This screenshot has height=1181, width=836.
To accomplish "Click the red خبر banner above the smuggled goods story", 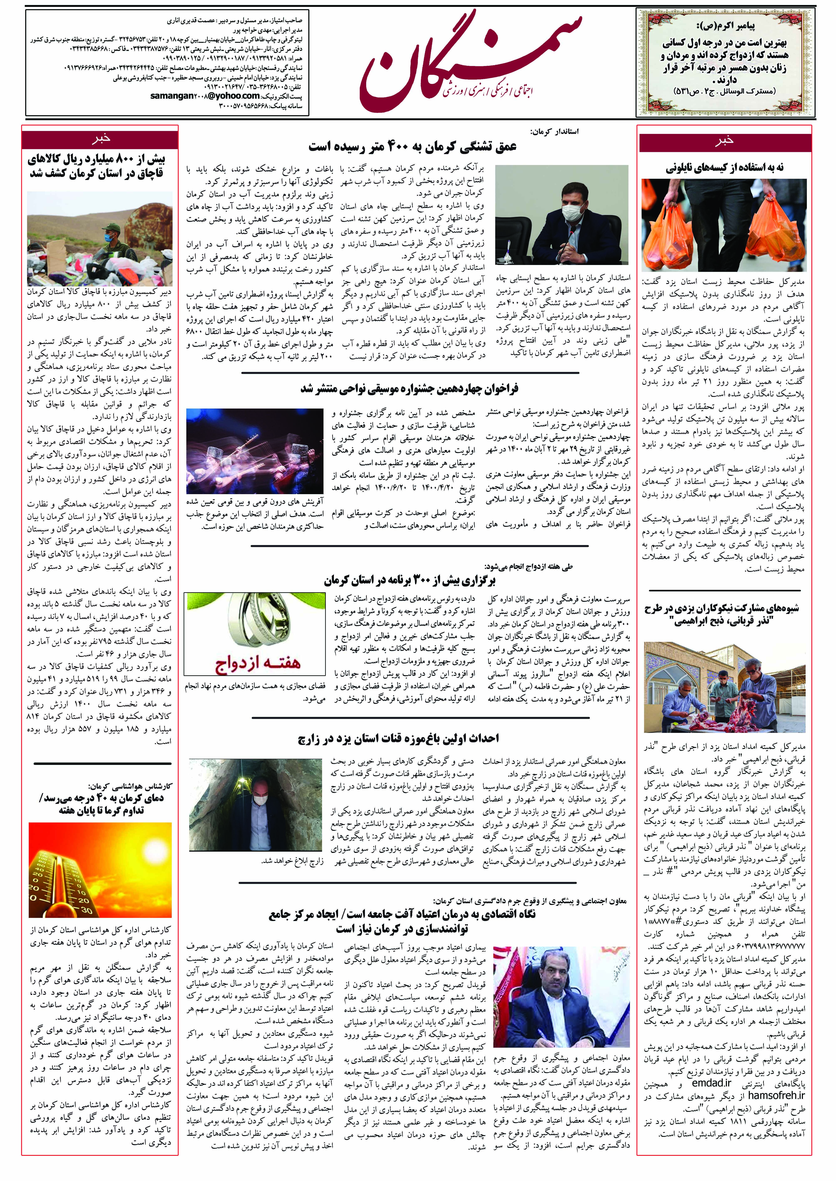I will click(100, 139).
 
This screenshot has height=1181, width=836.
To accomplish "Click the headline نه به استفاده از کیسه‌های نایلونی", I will click(724, 167).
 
